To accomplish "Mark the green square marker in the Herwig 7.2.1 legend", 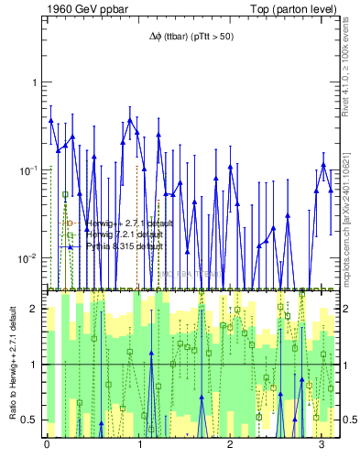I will pyautogui.click(x=66, y=234).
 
